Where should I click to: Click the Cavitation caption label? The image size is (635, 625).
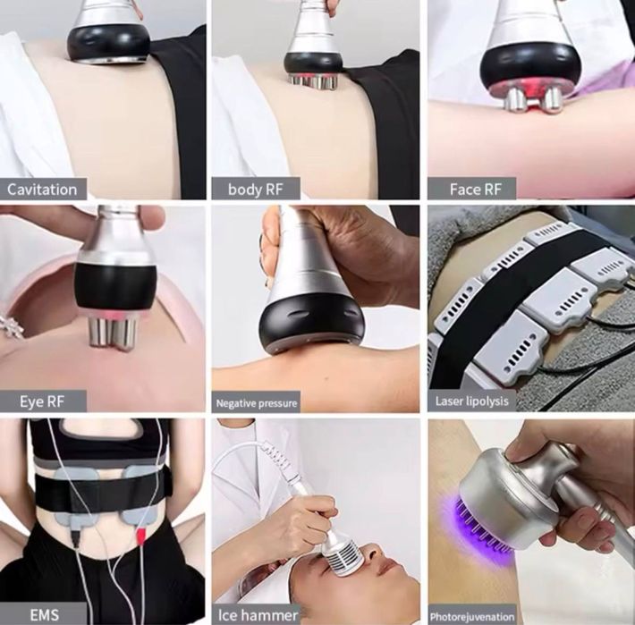[x=43, y=189]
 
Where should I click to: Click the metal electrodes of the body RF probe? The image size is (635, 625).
[x=314, y=81]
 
